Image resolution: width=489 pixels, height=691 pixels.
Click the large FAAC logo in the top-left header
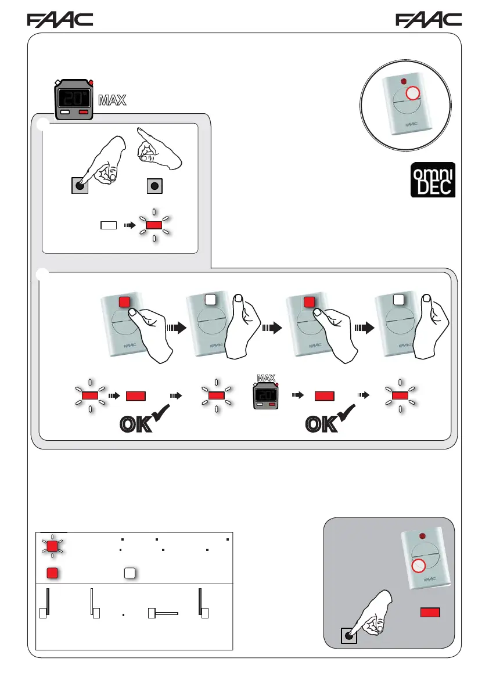pyautogui.click(x=60, y=20)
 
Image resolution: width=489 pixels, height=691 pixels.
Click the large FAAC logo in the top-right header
pyautogui.click(x=429, y=20)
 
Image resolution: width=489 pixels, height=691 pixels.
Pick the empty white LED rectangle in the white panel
pyautogui.click(x=109, y=224)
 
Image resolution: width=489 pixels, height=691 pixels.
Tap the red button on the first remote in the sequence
pyautogui.click(x=124, y=302)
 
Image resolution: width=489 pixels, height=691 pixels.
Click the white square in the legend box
pyautogui.click(x=130, y=572)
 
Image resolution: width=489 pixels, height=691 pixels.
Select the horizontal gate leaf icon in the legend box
pyautogui.click(x=163, y=613)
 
